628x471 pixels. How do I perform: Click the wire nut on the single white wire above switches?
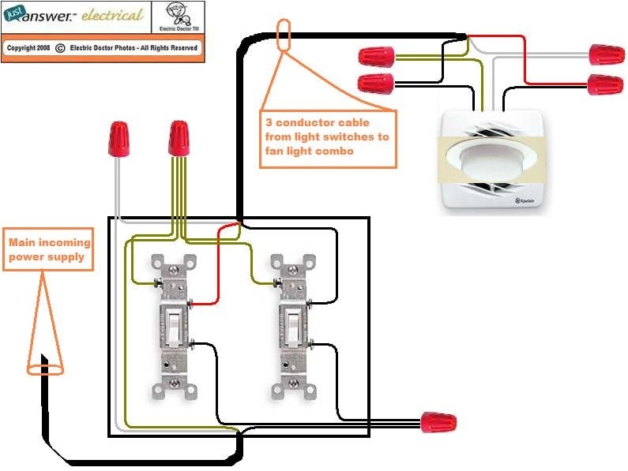pos(119,138)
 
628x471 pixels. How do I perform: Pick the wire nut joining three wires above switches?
pos(179,138)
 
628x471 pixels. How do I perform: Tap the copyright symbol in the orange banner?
pos(60,47)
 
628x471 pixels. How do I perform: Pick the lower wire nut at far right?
pos(605,83)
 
